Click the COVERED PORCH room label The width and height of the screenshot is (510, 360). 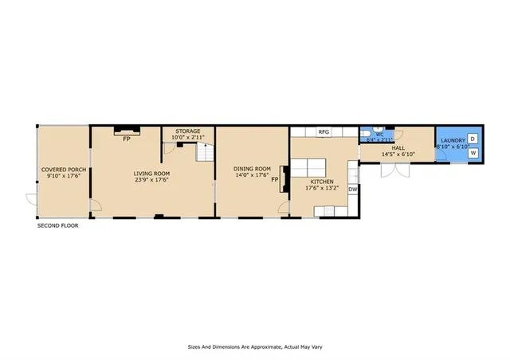click(63, 170)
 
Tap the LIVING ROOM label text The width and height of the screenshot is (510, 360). click(151, 173)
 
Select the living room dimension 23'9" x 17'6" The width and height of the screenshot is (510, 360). click(151, 180)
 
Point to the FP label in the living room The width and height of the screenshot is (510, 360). click(126, 139)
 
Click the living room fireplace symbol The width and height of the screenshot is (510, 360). click(126, 129)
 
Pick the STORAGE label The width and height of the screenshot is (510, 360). click(188, 131)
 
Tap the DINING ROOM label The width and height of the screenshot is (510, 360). click(252, 168)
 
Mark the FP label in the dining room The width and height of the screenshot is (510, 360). click(274, 180)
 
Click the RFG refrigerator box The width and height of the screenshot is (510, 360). click(324, 131)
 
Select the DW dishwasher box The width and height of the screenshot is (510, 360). click(352, 189)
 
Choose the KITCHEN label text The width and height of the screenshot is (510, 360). click(322, 182)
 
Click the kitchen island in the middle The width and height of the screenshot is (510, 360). click(308, 167)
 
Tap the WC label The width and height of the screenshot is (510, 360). click(380, 134)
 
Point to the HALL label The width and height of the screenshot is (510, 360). click(398, 147)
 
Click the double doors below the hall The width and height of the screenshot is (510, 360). click(396, 171)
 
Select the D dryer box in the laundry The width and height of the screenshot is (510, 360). click(472, 139)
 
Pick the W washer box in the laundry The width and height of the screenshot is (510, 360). click(473, 153)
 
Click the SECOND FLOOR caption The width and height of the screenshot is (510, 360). click(58, 226)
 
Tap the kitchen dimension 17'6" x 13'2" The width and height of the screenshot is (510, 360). click(323, 189)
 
